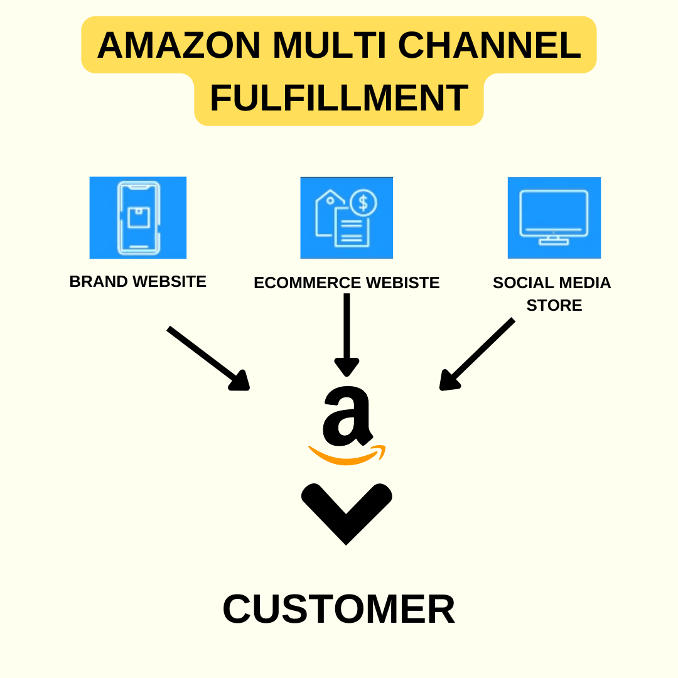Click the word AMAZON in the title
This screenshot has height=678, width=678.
[x=179, y=45]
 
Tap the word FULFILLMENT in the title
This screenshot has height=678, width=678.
[x=339, y=99]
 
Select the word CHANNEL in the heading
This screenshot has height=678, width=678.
[x=490, y=45]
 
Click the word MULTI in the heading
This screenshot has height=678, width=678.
[x=328, y=45]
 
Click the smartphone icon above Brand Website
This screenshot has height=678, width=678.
[x=138, y=218]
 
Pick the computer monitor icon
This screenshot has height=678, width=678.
[x=554, y=217]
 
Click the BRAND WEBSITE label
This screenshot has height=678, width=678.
[x=137, y=282]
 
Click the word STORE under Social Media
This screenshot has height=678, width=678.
[x=554, y=305]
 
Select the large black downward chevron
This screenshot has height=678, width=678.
[x=347, y=514]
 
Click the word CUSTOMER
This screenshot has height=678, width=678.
[x=339, y=609]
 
